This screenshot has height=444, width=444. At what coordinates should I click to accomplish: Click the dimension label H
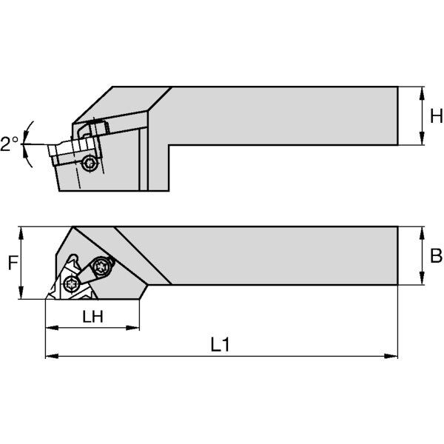click(436, 116)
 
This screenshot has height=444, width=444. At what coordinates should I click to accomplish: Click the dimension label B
click(435, 256)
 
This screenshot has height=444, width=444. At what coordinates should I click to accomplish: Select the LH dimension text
click(92, 316)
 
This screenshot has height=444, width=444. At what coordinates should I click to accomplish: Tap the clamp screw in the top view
click(101, 266)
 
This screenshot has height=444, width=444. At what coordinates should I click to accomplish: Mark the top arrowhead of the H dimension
click(422, 92)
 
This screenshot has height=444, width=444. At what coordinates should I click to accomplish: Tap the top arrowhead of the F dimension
click(22, 231)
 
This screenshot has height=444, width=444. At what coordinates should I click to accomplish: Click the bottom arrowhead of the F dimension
click(22, 295)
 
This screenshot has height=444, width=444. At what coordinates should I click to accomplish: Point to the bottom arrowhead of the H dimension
click(422, 140)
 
